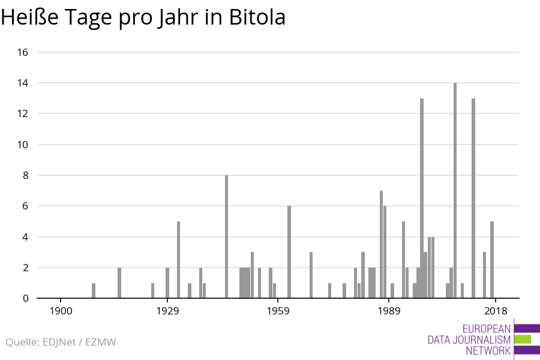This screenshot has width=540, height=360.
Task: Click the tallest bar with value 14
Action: click(x=455, y=190)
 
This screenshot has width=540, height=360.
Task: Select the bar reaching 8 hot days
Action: click(x=226, y=236)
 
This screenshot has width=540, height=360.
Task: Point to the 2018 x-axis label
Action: click(x=496, y=311)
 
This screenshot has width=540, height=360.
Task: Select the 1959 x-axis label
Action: click(x=278, y=311)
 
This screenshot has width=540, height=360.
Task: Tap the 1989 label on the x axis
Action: click(x=389, y=311)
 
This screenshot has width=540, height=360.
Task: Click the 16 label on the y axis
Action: click(x=22, y=52)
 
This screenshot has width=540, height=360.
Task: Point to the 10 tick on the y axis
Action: click(x=22, y=145)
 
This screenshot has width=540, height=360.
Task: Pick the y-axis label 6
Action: click(x=25, y=206)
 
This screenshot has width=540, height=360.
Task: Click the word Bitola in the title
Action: click(x=257, y=18)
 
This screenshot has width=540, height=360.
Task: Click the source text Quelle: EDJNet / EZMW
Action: click(x=61, y=343)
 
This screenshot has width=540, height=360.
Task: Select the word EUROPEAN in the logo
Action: click(x=487, y=329)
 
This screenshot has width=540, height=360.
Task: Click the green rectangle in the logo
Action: click(x=523, y=340)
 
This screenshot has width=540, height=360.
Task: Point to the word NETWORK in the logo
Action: click(x=488, y=351)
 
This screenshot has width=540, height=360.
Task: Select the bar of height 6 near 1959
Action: click(x=289, y=252)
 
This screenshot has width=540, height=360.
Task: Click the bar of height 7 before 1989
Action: click(x=381, y=244)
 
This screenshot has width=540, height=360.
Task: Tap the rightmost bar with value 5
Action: click(x=492, y=260)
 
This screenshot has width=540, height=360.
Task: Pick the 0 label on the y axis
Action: click(x=25, y=298)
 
